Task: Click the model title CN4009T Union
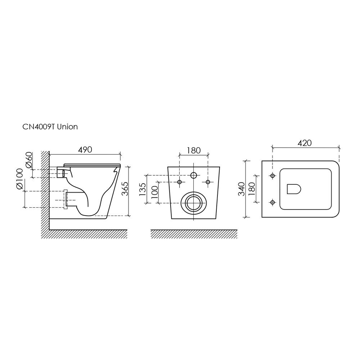click(x=50, y=127)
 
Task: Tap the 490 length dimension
click(x=85, y=150)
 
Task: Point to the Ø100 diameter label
click(x=20, y=179)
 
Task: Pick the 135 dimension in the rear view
click(x=142, y=189)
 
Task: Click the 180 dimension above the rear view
click(x=194, y=150)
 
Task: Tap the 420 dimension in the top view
click(x=305, y=143)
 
